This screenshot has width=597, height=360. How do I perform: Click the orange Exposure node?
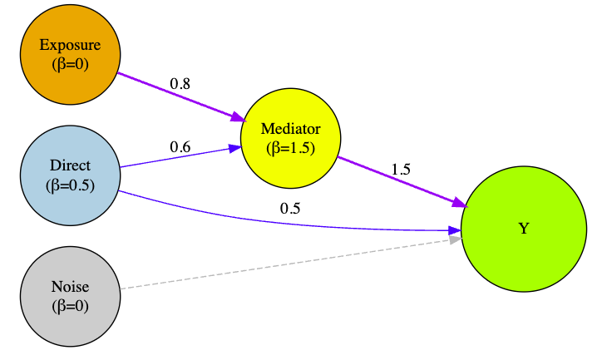tap(70, 54)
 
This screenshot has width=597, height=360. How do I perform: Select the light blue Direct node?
tap(70, 175)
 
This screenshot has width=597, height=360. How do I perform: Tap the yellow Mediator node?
tap(290, 138)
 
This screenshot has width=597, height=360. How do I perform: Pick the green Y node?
tap(523, 229)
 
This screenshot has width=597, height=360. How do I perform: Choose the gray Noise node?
tap(70, 296)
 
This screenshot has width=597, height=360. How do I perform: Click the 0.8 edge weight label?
tap(180, 83)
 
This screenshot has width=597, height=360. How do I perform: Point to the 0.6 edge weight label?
tap(180, 146)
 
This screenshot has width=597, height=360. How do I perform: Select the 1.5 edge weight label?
tap(401, 169)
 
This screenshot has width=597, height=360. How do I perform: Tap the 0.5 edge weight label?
tap(289, 208)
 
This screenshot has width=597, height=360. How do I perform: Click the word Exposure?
tap(70, 45)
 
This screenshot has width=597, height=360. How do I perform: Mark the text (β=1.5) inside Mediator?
tap(290, 147)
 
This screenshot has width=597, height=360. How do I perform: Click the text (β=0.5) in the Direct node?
tap(70, 185)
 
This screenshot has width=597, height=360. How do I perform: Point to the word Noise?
tap(70, 287)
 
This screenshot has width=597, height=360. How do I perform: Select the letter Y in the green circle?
tap(523, 229)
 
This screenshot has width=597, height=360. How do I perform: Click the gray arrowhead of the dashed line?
tap(455, 239)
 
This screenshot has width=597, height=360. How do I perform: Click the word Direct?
tap(70, 166)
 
